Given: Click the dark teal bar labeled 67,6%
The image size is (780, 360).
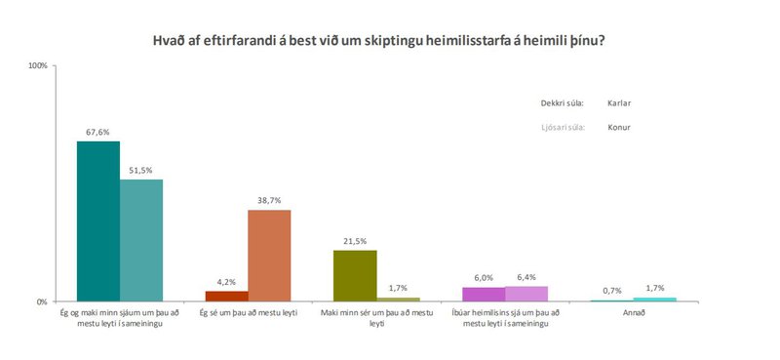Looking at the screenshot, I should (x=97, y=221).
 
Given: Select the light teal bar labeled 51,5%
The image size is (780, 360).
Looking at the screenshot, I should (x=141, y=240).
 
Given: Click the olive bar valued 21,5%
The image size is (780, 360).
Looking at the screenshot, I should (x=355, y=276).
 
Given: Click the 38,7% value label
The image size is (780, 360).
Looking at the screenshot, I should (x=269, y=200).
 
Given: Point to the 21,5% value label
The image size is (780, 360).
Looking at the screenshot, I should (x=355, y=240).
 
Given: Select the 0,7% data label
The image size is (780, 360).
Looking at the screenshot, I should (x=611, y=291).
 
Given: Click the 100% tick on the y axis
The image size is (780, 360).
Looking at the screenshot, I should (x=38, y=66).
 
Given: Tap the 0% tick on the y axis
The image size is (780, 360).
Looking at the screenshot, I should (x=42, y=302).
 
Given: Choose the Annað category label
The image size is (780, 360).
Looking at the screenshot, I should (x=633, y=312).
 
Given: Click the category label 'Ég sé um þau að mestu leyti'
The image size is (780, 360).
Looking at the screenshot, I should (x=248, y=312).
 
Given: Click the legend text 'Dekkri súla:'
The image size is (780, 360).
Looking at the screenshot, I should (x=562, y=102).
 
